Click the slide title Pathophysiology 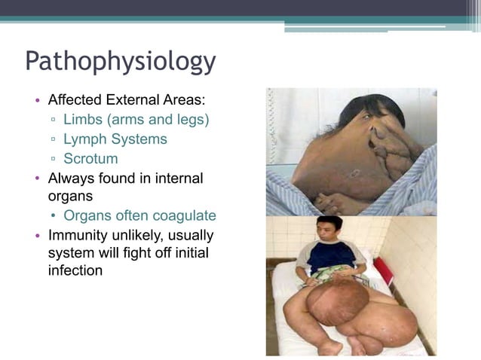tap(121, 61)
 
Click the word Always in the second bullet tap(69, 178)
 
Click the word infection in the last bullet tap(75, 270)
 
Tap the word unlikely tap(136, 235)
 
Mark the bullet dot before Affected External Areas tap(37, 100)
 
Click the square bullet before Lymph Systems tap(54, 140)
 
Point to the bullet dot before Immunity tap(37, 236)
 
